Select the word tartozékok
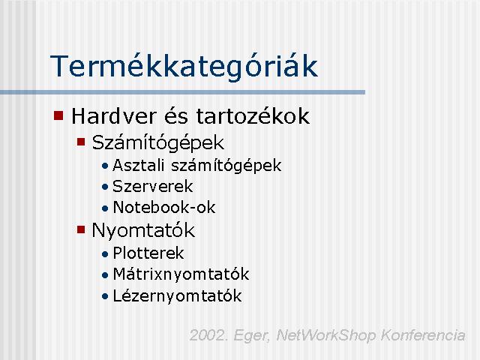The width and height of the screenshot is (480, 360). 253,116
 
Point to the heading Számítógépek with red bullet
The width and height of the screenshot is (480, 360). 158,142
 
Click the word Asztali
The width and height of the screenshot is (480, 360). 139,165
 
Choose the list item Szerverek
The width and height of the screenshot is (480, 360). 153,187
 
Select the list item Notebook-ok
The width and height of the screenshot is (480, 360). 164,207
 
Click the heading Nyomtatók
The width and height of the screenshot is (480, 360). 143,230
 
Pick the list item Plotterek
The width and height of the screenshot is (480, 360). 148,253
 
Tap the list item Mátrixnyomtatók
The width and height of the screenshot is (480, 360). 181,274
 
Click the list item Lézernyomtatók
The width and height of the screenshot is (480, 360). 177,296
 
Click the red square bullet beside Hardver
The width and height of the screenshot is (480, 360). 58,115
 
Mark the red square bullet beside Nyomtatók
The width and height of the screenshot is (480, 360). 81,229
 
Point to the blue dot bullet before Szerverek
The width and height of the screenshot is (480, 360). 105,187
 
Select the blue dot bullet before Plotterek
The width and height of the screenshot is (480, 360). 105,253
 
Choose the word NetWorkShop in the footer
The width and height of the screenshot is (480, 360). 325,335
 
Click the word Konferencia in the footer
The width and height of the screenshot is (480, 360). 423,335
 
